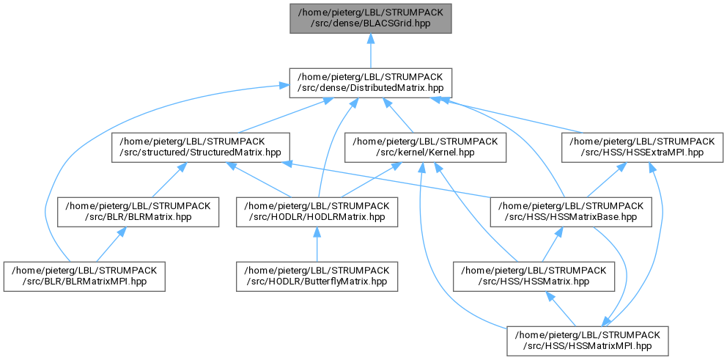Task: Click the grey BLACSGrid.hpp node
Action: coord(370,18)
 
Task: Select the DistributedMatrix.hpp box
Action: coord(370,83)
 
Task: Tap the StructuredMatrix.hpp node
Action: coord(201,147)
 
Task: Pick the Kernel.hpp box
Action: coord(424,147)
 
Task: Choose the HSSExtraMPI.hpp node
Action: coord(642,147)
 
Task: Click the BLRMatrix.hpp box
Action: coord(139,213)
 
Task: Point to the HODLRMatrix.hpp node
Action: coord(317,213)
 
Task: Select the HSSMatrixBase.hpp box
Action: coord(571,213)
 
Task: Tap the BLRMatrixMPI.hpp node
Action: coord(84,277)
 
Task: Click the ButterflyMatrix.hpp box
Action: coord(317,277)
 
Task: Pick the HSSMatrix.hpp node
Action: coord(534,277)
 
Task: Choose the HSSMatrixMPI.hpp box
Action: coord(588,342)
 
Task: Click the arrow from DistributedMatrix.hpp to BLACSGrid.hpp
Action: coord(370,51)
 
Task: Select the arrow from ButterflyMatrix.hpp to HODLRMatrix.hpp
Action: coord(317,245)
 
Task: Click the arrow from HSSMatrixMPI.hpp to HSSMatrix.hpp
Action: coord(561,309)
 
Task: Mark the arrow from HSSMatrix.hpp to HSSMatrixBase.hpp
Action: coord(553,245)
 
